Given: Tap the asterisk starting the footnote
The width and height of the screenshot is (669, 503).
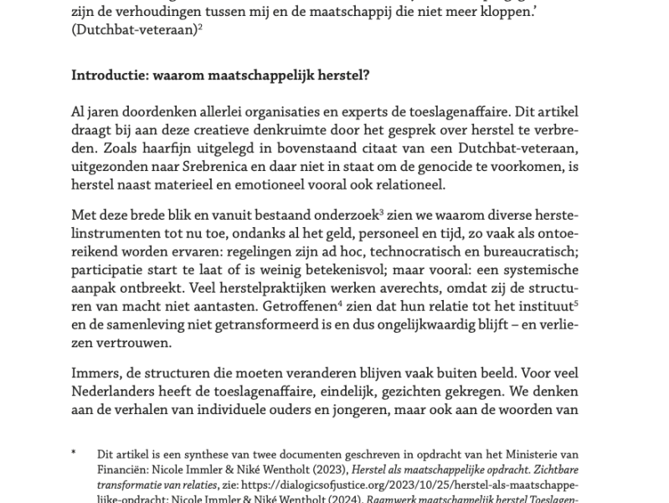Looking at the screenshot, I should click(x=74, y=454).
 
